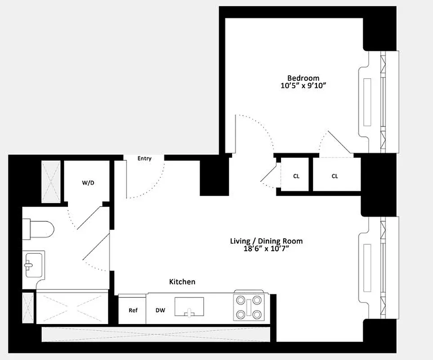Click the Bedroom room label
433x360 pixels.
coord(304,78)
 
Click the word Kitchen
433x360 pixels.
coord(182,282)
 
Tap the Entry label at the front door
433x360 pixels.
coord(144,158)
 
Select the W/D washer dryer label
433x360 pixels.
coord(88,183)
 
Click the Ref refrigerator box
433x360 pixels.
coord(133,310)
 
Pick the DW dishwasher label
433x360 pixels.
coord(160,310)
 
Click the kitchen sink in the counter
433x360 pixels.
coord(189,306)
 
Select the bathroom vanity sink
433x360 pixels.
coord(33,265)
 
